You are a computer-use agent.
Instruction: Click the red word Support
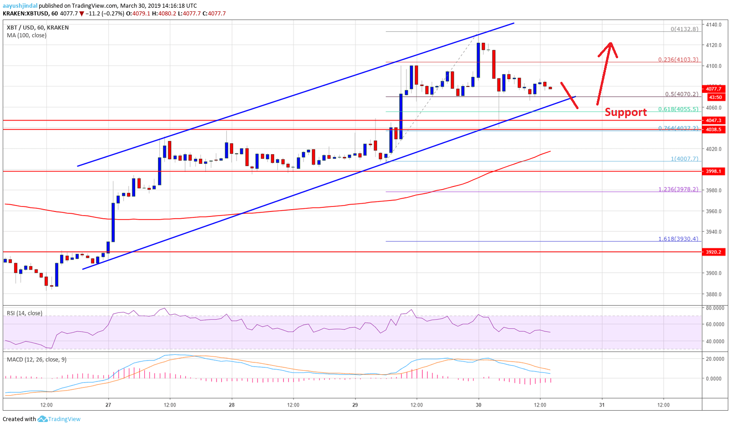(625, 112)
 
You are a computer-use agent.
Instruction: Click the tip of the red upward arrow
(610, 43)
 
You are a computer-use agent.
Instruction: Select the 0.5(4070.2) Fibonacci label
(681, 95)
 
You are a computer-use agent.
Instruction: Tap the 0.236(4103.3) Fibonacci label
(678, 60)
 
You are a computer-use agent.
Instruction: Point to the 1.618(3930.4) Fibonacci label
(678, 239)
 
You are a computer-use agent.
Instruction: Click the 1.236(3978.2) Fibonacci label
(678, 189)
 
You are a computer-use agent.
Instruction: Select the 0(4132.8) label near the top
(684, 29)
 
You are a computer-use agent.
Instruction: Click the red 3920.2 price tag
(713, 252)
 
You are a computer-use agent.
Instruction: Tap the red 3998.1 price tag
(713, 171)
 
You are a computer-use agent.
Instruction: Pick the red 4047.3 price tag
(713, 121)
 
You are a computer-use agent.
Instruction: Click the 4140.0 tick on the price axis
(713, 25)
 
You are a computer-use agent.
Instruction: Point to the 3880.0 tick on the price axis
(713, 294)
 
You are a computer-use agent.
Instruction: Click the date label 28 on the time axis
(232, 405)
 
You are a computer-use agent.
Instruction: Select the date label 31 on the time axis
(602, 405)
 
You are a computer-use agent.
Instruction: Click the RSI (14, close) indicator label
(25, 313)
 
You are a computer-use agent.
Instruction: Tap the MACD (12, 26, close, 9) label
(36, 360)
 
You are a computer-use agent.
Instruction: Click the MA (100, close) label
(26, 35)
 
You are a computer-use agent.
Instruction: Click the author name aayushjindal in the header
(20, 6)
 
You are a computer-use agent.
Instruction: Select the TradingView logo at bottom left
(59, 419)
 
